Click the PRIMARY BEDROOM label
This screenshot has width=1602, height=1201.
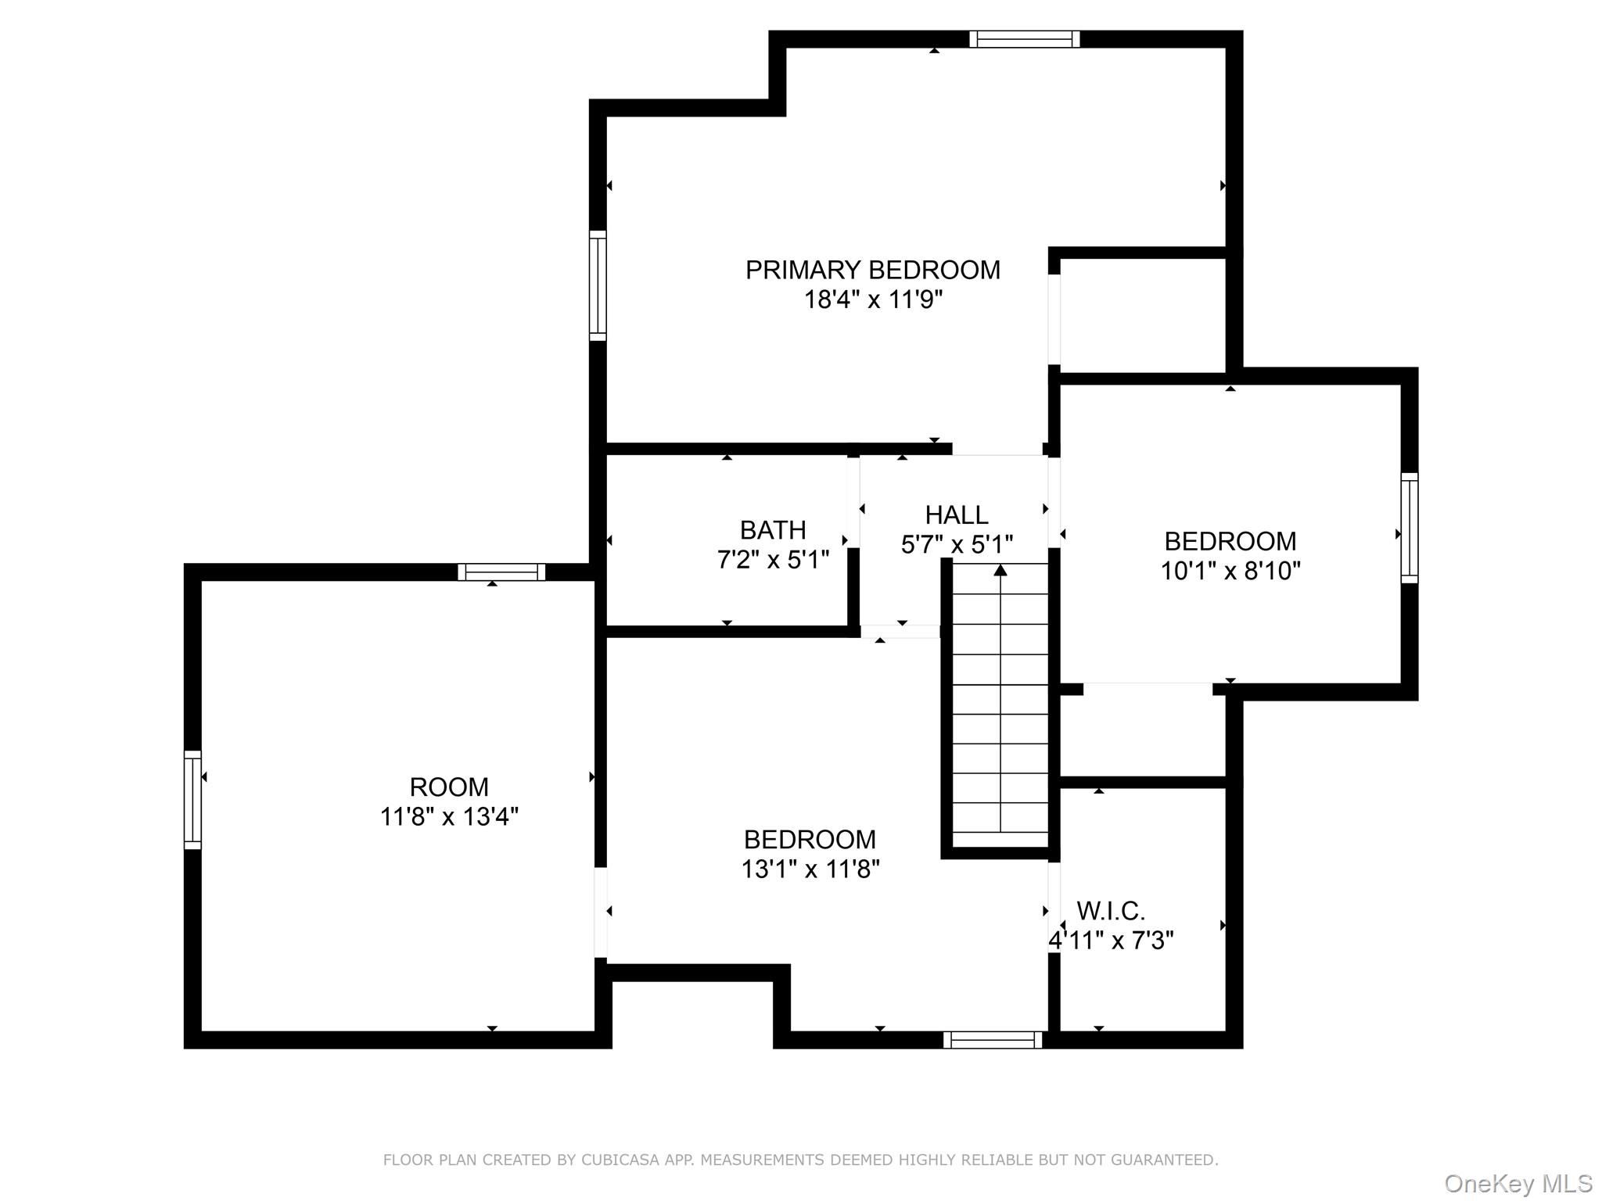point(872,271)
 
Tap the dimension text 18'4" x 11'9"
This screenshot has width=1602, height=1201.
point(873,300)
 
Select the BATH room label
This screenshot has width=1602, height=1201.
point(773,531)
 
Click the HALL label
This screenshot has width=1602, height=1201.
point(957,515)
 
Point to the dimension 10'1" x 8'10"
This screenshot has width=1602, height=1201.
point(1230,572)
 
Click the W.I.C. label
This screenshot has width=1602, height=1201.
point(1111,911)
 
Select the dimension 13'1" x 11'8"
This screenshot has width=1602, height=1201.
point(810,869)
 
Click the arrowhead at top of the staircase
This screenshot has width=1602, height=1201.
point(1000,571)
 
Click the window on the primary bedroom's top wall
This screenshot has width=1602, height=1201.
point(1024,39)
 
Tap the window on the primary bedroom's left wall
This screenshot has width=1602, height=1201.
point(598,285)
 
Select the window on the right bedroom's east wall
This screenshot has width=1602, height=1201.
point(1409,528)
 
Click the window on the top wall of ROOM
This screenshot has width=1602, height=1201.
point(501,572)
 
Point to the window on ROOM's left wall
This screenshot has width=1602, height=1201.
point(192,799)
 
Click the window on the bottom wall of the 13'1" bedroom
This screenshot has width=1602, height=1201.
point(993,1040)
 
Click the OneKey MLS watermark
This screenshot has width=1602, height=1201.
point(1518,1183)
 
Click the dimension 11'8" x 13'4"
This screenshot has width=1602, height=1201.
point(449,817)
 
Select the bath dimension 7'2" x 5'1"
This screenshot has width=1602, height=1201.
point(773,561)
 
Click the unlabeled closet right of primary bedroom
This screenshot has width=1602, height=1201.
point(1142,316)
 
